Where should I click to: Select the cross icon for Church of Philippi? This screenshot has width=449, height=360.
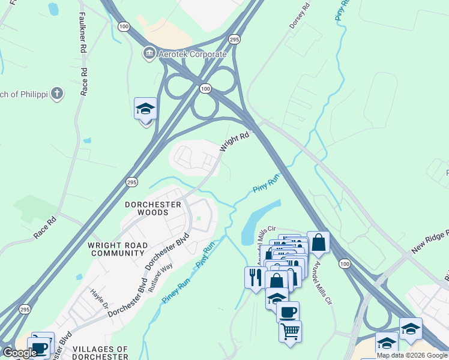pos(56,94)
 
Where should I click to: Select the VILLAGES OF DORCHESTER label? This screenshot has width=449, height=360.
pos(100,353)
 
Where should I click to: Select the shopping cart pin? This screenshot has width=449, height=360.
pos(291,331)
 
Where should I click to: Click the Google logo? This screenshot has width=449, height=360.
pos(20,353)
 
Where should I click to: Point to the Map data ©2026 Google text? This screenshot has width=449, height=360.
pos(412,355)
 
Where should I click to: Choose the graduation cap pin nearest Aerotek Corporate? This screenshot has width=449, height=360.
pos(145,110)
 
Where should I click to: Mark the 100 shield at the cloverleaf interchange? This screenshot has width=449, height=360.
pos(206,88)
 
